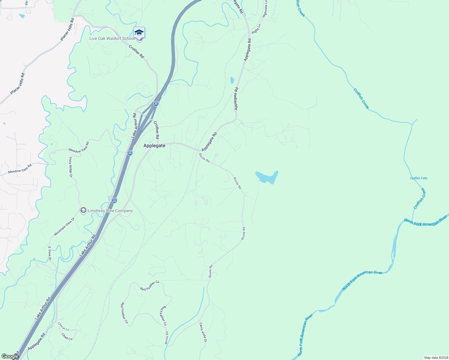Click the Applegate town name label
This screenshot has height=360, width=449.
click(154, 145)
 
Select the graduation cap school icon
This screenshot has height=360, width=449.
click(139, 32)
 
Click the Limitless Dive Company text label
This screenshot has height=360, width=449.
click(110, 211)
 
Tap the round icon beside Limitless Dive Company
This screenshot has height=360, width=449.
click(83, 211)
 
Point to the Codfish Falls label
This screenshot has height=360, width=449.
click(419, 178)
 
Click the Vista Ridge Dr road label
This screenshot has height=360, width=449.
click(71, 167)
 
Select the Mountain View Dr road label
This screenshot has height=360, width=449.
click(64, 226)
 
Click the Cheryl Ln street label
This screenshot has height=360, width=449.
click(63, 327)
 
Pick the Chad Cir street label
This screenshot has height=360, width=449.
click(67, 337)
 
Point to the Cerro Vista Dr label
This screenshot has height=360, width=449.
click(203, 332)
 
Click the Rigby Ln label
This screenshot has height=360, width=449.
click(256, 29)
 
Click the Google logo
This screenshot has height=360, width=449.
click(10, 356)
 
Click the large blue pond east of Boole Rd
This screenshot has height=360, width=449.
click(267, 177)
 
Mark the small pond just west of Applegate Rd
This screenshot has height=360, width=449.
click(232, 80)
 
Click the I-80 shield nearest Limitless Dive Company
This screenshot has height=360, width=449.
click(114, 200)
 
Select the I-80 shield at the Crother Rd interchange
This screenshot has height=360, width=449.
click(156, 103)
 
